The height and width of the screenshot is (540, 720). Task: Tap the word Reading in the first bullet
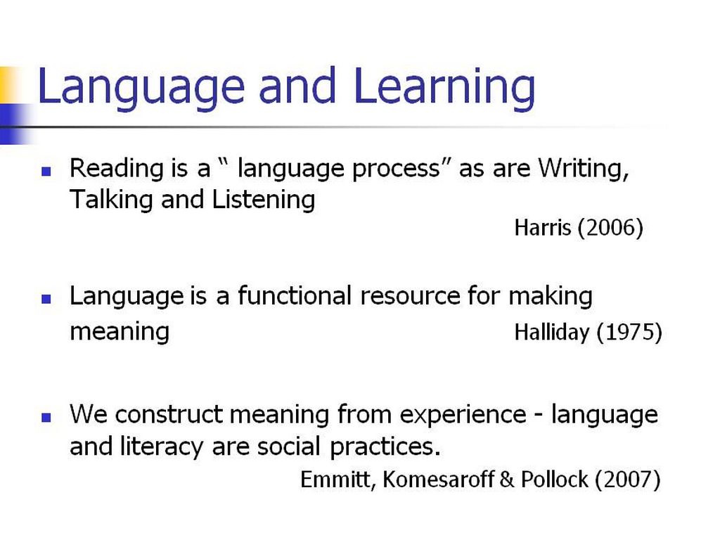(x=116, y=169)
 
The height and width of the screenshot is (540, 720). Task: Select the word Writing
(x=583, y=168)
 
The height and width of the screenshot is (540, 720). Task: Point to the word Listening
(x=264, y=200)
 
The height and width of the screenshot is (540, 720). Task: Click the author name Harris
(x=543, y=228)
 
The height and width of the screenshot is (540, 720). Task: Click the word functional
(x=295, y=295)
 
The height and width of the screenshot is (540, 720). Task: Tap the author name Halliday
(x=552, y=332)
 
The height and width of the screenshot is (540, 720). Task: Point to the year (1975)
(x=629, y=332)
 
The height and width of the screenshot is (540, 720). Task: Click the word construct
(x=169, y=415)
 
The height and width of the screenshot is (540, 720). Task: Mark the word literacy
(x=162, y=446)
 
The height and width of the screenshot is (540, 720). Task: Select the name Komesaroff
(x=438, y=480)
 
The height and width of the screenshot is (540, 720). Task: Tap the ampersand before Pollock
(x=507, y=480)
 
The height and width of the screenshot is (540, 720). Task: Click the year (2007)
(x=628, y=480)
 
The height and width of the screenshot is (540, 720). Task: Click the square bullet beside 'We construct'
(x=46, y=418)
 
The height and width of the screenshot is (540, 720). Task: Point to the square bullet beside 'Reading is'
(x=46, y=172)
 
